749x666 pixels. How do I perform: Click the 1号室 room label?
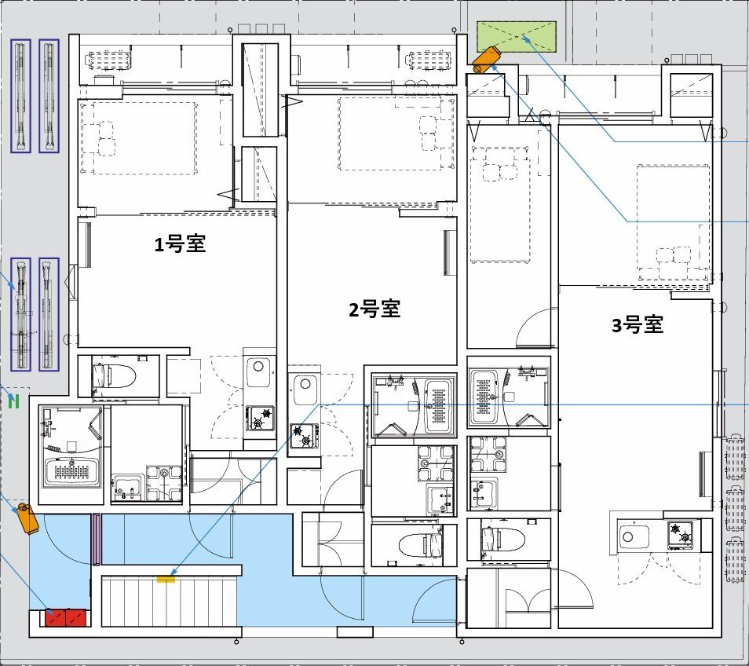[180, 245]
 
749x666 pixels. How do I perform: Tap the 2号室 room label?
[374, 309]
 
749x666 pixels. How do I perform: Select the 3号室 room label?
[638, 324]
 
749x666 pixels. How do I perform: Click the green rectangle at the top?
[517, 37]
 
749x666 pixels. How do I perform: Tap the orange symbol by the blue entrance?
[27, 518]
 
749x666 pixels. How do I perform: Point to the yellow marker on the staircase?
[166, 580]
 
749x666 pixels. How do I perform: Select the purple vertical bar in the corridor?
[97, 539]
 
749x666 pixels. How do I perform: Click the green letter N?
[13, 403]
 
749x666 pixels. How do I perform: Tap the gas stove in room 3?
[680, 536]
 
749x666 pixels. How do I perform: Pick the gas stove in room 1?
[261, 417]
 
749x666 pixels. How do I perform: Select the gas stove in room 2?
[303, 435]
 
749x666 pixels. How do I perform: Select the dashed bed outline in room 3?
[673, 221]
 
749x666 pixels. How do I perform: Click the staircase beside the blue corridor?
[169, 601]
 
